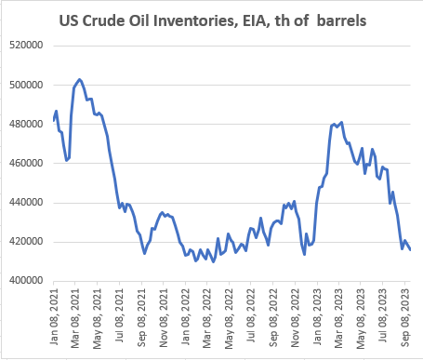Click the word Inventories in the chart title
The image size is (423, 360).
(x=193, y=20)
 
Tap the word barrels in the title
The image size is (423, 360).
(x=342, y=20)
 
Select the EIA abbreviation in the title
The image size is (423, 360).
(x=254, y=21)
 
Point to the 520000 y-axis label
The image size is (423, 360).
(x=26, y=46)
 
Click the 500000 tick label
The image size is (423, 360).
(x=26, y=85)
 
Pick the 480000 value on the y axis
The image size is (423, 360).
(x=26, y=124)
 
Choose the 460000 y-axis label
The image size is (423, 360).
(x=26, y=163)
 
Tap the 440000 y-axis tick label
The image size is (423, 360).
(x=26, y=203)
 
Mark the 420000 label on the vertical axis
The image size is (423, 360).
(x=26, y=242)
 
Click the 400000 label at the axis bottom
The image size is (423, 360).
(x=26, y=281)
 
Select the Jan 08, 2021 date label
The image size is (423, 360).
(x=54, y=316)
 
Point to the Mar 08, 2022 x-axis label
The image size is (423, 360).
(x=206, y=318)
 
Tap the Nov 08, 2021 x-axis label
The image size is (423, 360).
(x=163, y=318)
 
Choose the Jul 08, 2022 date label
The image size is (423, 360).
(x=251, y=315)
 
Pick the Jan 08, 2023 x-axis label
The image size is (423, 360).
(x=317, y=316)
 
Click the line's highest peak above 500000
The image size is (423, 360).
(x=80, y=79)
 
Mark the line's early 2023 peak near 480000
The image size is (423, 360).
(x=341, y=123)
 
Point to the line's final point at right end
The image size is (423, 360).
(x=410, y=249)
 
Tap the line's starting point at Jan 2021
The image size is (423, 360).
(x=54, y=120)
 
